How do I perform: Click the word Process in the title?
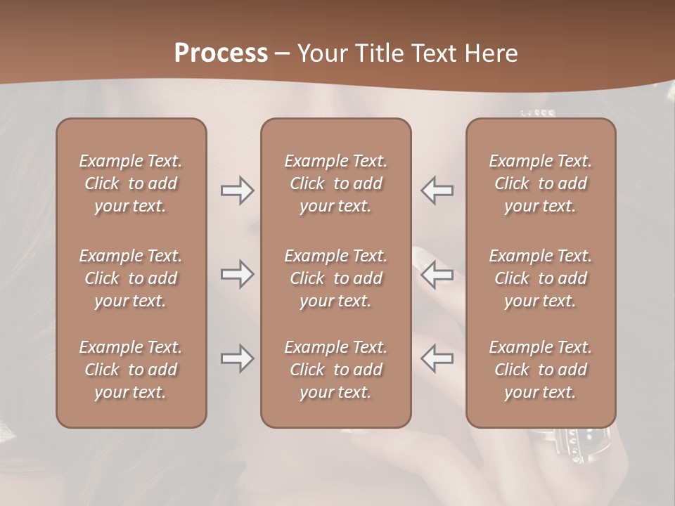(221, 53)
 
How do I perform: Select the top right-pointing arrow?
(237, 190)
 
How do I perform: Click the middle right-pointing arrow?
(237, 274)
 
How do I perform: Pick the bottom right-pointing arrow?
(237, 358)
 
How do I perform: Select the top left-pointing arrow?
(437, 190)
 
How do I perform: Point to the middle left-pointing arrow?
(437, 274)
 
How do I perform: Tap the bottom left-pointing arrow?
(437, 358)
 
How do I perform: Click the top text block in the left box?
(131, 183)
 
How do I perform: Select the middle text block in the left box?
(131, 278)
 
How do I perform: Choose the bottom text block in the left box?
(131, 370)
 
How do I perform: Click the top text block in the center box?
(335, 183)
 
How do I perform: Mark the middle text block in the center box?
(335, 278)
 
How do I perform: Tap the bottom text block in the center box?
(335, 370)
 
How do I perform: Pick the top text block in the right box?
(540, 183)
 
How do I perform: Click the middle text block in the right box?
(540, 278)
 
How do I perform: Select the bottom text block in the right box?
(540, 370)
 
